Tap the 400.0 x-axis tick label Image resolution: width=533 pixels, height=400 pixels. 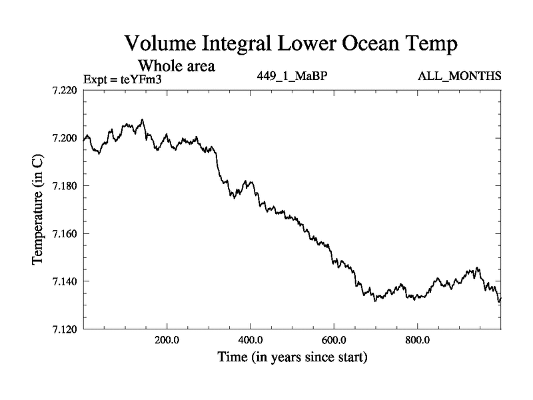[251, 341]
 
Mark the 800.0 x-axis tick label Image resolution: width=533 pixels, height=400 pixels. [418, 341]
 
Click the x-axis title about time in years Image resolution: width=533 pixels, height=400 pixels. [292, 358]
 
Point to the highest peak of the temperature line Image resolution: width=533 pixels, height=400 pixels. [142, 120]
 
